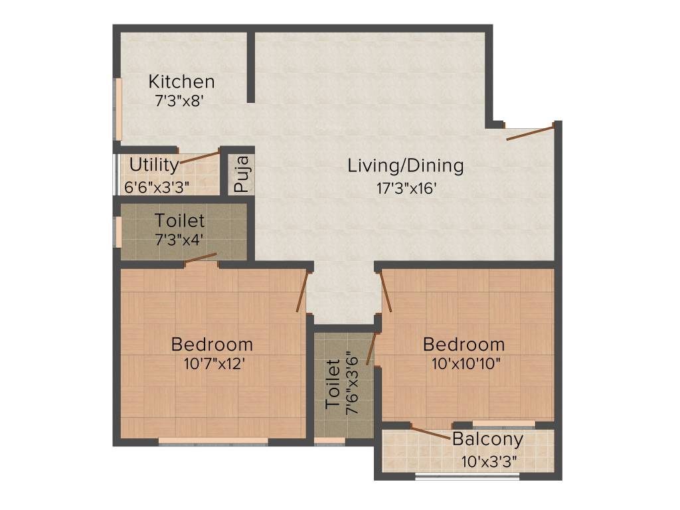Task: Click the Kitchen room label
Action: coord(181,82)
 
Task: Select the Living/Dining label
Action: coord(405,166)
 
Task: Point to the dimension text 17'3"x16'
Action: coord(405,188)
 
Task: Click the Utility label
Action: coord(153,165)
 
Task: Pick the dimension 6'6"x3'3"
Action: coord(157,187)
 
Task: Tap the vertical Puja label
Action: coord(242,173)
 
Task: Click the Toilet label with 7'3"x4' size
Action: coord(179,220)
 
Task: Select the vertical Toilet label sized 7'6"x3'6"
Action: coord(334,384)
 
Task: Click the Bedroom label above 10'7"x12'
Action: coord(212,344)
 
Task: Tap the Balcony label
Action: coord(487,439)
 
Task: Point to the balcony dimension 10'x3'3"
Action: coord(489,460)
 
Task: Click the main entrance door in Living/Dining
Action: coord(530,131)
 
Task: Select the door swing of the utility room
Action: coord(200,157)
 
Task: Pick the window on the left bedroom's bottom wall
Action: coord(213,440)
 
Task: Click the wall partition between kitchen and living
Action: coord(251,66)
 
